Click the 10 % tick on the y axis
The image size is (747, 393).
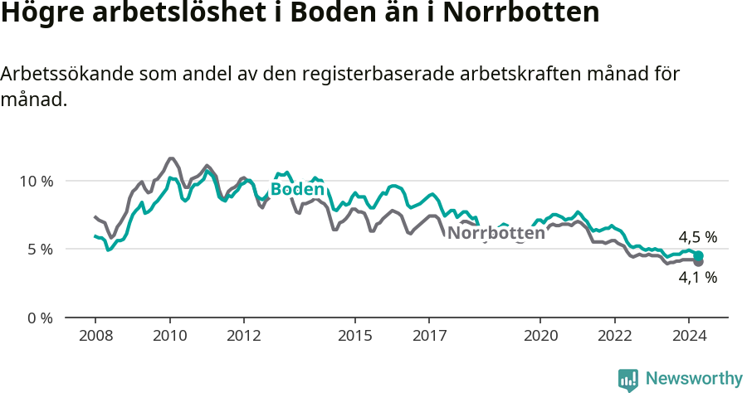pos(34,181)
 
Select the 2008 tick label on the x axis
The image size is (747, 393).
pos(95,336)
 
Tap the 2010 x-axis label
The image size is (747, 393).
pos(170,336)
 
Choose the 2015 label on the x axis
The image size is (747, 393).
pos(355,336)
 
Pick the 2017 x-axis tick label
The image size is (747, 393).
pos(429,336)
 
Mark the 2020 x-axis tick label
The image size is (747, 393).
pos(540,336)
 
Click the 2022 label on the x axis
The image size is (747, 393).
pos(614,336)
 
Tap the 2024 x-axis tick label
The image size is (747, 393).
pos(689,336)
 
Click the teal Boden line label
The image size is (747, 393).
pos(297,190)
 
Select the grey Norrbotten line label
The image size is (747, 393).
pos(496,233)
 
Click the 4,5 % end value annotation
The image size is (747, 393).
pos(697,237)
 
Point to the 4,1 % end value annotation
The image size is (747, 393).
pos(697,278)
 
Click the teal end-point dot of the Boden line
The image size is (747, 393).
pos(699,255)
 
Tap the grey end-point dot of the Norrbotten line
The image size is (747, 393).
pos(699,262)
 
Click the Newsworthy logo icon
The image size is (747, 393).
pos(628,380)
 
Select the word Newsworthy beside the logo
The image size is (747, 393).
pos(694,379)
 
